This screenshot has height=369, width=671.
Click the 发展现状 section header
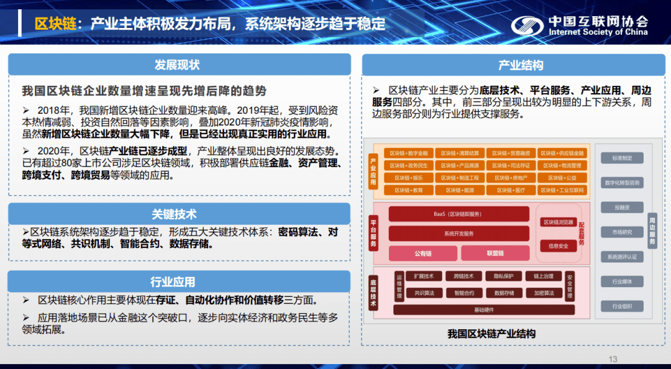point(177,65)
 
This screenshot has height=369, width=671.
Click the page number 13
point(613,359)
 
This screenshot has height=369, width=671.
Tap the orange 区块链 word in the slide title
point(55,24)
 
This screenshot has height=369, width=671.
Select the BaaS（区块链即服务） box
point(458,214)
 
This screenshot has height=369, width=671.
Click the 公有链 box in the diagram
point(422,253)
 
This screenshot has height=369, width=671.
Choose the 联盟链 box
point(495,253)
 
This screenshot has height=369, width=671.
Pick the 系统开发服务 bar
point(458,234)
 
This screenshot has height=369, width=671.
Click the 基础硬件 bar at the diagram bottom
point(484,309)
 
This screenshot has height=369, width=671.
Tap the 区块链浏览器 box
point(558,222)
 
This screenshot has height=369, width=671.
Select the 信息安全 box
point(558,246)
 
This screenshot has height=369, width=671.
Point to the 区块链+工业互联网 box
point(562,190)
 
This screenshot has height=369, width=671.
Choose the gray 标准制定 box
point(621,158)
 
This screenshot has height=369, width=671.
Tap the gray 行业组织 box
point(621,306)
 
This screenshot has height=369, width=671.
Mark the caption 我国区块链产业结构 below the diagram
point(491,334)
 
